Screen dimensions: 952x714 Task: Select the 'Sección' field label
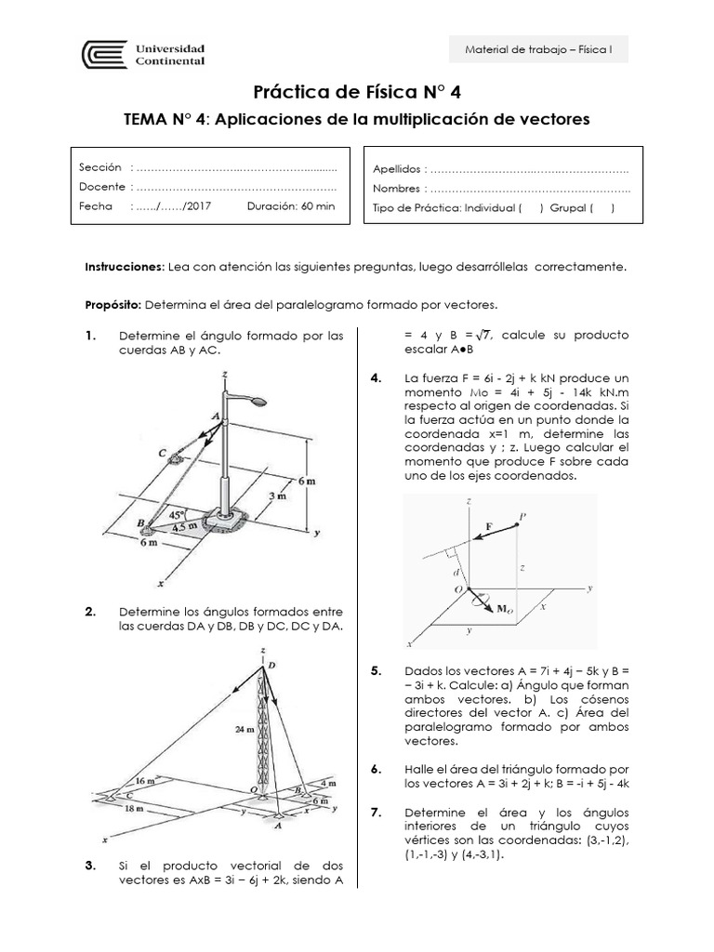coord(100,167)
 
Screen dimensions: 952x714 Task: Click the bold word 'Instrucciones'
coord(124,267)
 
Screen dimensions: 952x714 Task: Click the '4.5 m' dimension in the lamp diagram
coord(188,526)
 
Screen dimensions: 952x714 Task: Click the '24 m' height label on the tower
coord(244,731)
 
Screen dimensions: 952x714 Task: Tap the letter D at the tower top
coord(271,667)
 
